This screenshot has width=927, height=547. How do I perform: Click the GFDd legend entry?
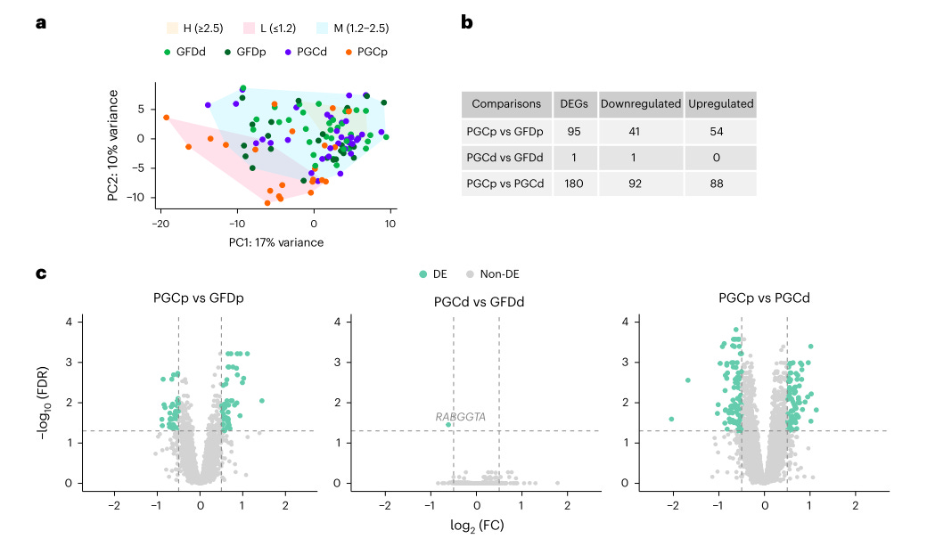tap(185, 52)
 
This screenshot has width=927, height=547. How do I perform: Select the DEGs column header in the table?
tap(572, 103)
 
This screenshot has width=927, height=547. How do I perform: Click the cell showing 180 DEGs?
tap(572, 184)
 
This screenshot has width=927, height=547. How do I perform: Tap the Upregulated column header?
tap(720, 103)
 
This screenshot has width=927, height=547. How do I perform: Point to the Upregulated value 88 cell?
tap(720, 184)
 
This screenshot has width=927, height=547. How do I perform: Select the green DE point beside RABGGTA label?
tap(448, 425)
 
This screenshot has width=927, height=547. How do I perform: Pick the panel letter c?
tap(41, 272)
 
